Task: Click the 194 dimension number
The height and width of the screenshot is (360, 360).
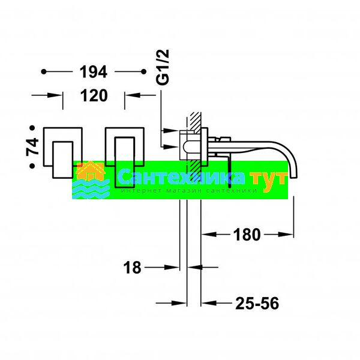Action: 93,72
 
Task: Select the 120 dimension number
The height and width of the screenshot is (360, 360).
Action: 94,95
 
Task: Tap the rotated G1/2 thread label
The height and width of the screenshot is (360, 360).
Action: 163,67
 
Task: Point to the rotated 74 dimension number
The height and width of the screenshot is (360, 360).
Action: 32,147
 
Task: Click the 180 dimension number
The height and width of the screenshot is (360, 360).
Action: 247,235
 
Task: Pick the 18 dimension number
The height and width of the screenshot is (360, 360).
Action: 132,268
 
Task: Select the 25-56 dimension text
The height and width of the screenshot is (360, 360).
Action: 257,303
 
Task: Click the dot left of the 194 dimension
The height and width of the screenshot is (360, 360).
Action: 44,72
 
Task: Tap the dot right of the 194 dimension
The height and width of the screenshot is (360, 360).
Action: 144,72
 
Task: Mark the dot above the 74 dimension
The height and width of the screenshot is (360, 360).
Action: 32,128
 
